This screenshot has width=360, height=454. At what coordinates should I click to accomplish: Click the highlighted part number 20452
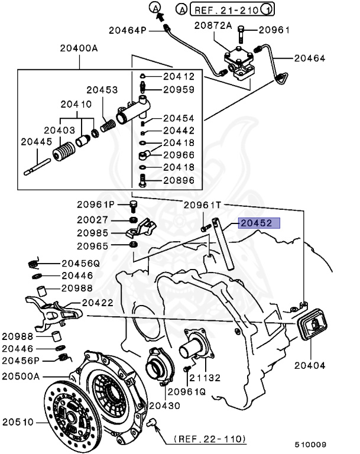(x=255, y=223)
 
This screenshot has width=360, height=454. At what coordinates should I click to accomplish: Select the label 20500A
(x=21, y=376)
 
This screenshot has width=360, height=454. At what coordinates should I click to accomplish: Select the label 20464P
(x=127, y=30)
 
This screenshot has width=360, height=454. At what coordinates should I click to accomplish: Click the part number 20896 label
(x=179, y=181)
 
